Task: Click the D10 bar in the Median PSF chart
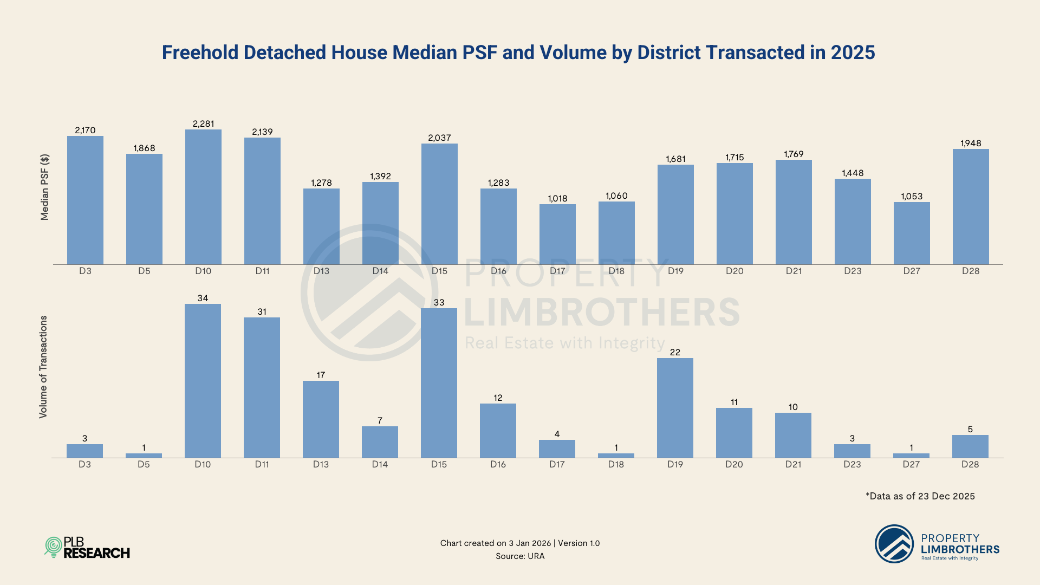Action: (x=203, y=197)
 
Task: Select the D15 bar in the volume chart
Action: (x=439, y=383)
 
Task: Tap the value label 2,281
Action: (x=203, y=123)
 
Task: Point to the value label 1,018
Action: (x=557, y=198)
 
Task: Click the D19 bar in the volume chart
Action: (x=675, y=408)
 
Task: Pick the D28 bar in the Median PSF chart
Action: (x=971, y=207)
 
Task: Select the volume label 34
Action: (x=203, y=298)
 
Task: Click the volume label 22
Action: (x=675, y=352)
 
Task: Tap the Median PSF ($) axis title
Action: (x=44, y=187)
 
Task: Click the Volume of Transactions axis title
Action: (x=43, y=367)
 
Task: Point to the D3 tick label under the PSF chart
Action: (x=85, y=271)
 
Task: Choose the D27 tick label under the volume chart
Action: (x=911, y=464)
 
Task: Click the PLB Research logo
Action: (x=87, y=548)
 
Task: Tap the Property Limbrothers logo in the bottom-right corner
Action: (x=937, y=544)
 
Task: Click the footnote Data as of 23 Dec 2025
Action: (x=920, y=496)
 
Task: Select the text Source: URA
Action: (x=520, y=556)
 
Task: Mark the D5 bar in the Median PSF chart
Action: (x=144, y=209)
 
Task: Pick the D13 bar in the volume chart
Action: (x=321, y=419)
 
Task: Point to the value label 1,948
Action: (x=971, y=143)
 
